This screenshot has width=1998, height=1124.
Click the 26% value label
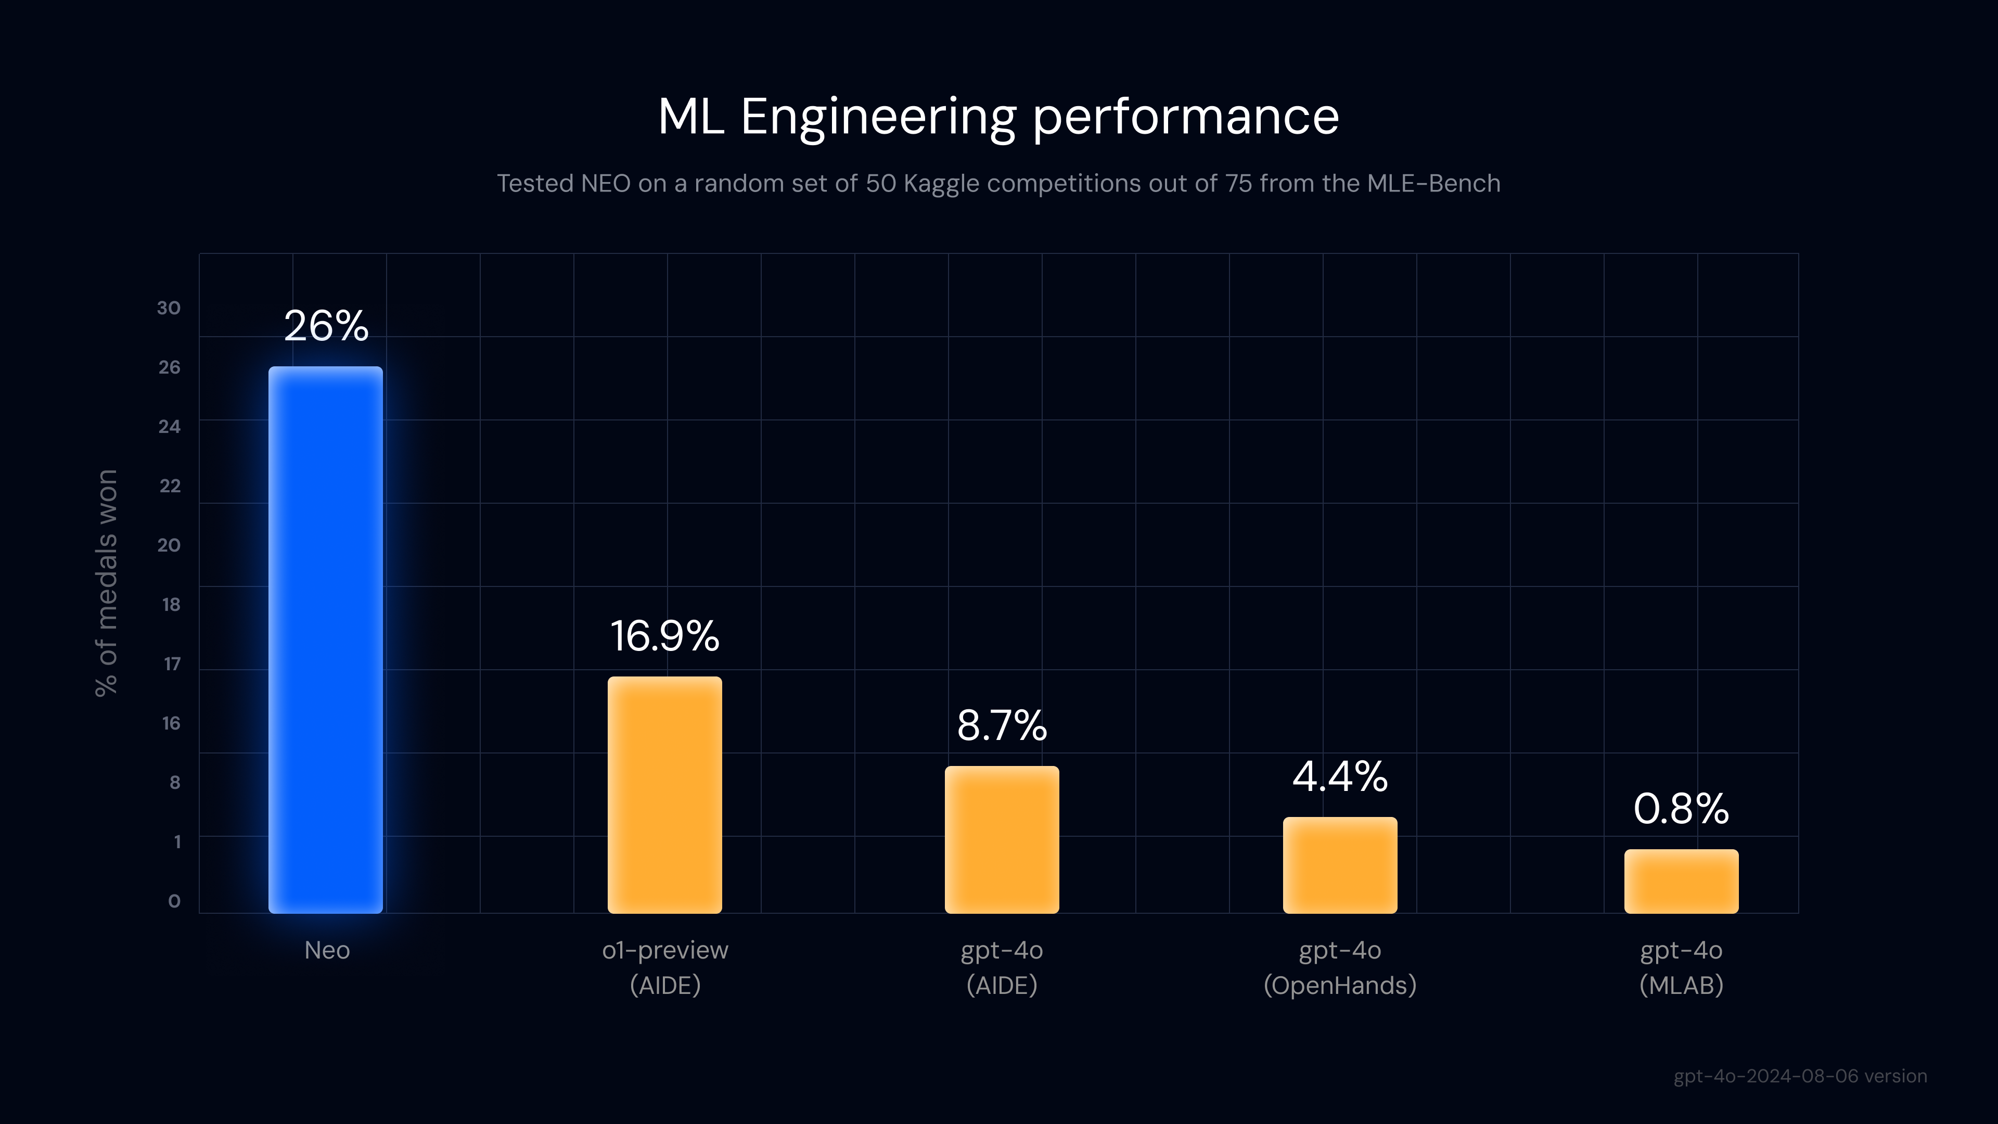[x=326, y=326]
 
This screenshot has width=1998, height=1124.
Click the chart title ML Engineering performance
[x=998, y=117]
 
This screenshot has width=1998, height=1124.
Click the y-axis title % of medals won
[x=106, y=583]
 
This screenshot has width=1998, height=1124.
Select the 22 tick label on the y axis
[x=169, y=486]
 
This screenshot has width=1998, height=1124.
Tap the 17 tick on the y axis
[x=171, y=664]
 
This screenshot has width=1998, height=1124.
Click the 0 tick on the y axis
[x=174, y=901]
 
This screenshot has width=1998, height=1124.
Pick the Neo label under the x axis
[x=327, y=950]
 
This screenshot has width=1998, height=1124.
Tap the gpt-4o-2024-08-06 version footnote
[x=1799, y=1076]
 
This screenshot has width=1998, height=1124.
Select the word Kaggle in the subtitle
[x=941, y=183]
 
